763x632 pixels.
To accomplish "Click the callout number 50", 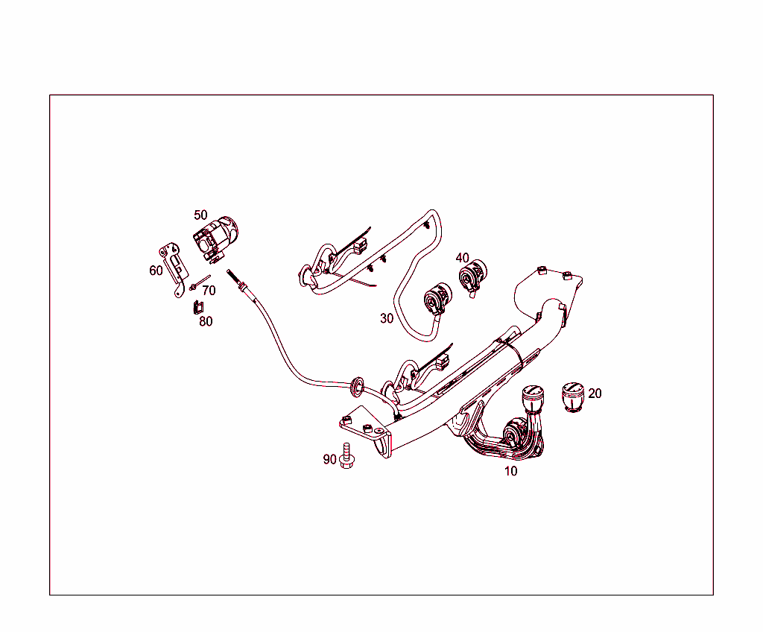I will point(200,215).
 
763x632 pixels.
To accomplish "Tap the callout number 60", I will point(156,271).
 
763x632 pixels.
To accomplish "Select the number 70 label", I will point(209,291).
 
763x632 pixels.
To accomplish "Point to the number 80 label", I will point(206,321).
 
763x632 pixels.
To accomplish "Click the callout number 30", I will point(386,318).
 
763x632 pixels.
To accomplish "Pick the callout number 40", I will point(463,258).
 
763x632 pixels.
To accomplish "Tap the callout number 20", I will point(595,394).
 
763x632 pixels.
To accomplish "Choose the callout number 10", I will point(510,471).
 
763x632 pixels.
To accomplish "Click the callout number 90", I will point(329,459).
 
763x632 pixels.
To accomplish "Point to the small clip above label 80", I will point(197,306).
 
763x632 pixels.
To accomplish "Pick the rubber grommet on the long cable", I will point(357,385).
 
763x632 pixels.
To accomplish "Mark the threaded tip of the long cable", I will point(233,278).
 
